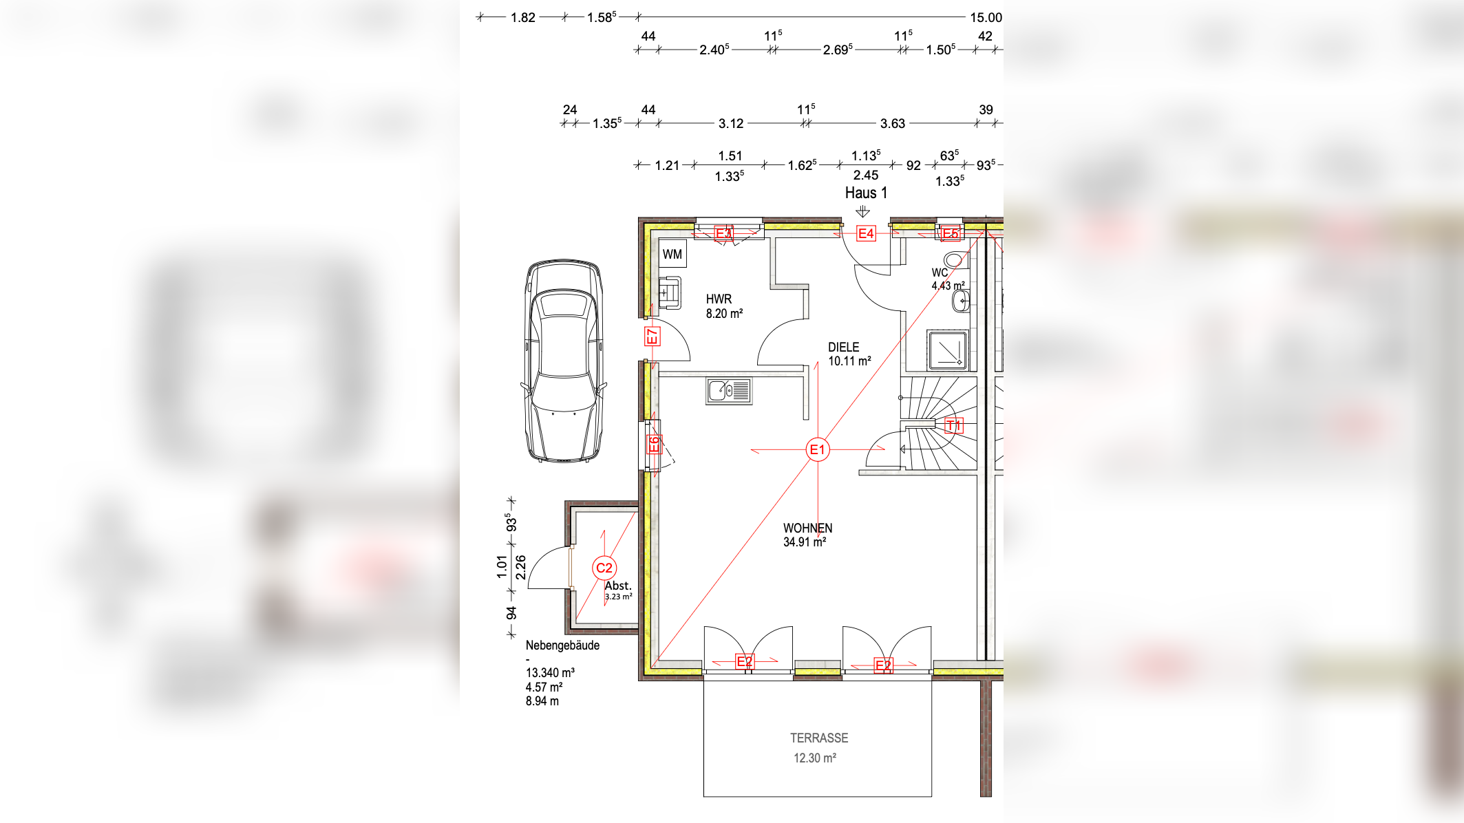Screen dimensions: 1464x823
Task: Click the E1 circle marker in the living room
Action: pos(817,450)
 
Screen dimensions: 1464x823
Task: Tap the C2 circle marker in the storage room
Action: pos(604,568)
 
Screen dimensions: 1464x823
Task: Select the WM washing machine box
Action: pos(672,254)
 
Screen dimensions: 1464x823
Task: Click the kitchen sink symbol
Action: pos(729,391)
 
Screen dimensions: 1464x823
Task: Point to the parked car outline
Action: pos(564,361)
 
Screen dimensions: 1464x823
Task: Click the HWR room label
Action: pos(719,299)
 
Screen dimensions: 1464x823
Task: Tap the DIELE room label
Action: pos(844,348)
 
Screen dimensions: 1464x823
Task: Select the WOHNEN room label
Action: pos(807,528)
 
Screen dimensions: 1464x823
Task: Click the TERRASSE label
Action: pos(819,738)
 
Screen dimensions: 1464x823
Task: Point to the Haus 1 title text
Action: pos(866,193)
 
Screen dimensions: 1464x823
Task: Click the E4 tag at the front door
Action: pos(866,234)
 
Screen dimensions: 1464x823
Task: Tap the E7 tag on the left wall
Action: pos(652,336)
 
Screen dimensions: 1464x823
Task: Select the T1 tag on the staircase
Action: pos(953,425)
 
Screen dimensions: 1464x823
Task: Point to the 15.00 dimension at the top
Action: pos(986,18)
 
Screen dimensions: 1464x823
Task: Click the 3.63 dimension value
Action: pos(893,124)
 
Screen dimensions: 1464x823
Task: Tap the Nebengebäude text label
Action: pos(562,645)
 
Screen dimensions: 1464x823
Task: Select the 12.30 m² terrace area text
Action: pos(815,758)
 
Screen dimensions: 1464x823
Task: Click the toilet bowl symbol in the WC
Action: pos(954,260)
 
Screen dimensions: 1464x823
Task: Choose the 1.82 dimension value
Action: pos(523,18)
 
